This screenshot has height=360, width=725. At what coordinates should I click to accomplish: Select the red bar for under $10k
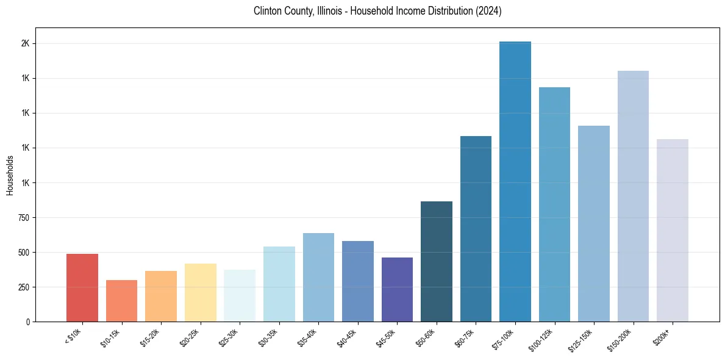(82, 287)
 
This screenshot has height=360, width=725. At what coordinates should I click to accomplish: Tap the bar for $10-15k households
(121, 301)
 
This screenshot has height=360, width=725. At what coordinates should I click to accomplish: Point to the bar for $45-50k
(397, 289)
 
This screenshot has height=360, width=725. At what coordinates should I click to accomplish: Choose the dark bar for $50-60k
(437, 261)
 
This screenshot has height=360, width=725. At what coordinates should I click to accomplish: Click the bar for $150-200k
(633, 196)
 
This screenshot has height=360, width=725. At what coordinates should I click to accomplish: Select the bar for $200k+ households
(673, 230)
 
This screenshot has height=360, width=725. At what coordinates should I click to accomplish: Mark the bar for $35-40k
(318, 277)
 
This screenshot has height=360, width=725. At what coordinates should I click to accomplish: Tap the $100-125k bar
(554, 204)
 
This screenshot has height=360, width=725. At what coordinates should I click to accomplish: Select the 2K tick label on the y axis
(26, 44)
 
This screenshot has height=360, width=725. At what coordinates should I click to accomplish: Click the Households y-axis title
(10, 175)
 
